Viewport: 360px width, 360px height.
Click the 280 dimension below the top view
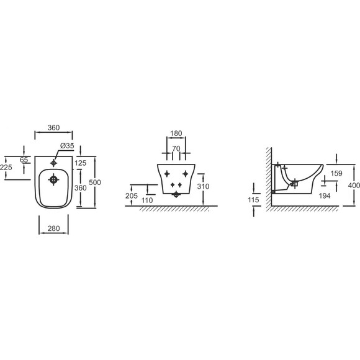(x=54, y=228)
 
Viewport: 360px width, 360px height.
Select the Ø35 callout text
(x=67, y=146)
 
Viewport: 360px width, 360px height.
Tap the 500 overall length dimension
(x=95, y=182)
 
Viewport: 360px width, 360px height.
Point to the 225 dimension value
(x=6, y=167)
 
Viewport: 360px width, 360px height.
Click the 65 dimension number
(x=24, y=160)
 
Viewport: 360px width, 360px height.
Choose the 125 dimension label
(x=81, y=163)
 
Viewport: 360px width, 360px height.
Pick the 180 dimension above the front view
(x=176, y=133)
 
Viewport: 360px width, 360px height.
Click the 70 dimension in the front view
(x=176, y=148)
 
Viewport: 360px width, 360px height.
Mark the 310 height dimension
(x=203, y=186)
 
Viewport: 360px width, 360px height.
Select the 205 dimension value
(x=132, y=196)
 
